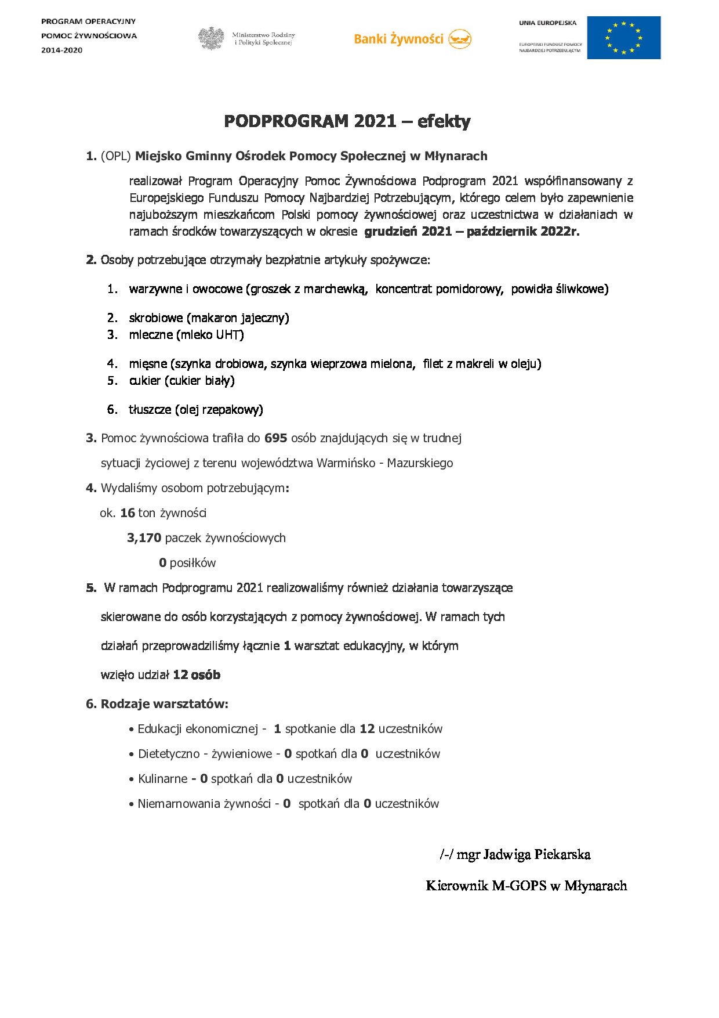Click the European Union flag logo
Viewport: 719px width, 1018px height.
click(x=623, y=38)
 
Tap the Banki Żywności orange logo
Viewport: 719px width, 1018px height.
click(x=412, y=39)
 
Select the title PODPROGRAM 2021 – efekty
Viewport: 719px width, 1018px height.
click(x=347, y=121)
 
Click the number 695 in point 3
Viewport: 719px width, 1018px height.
click(x=275, y=438)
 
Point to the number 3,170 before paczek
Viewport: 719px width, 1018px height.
click(x=144, y=538)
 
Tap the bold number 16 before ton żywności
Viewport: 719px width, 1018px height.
click(x=128, y=513)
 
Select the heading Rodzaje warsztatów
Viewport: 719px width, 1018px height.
click(x=164, y=704)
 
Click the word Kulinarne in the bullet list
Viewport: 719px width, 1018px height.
click(x=162, y=779)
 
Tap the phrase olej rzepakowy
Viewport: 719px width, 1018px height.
click(x=219, y=410)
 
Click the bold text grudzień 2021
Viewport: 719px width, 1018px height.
click(x=408, y=232)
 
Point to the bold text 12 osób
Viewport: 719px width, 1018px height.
click(x=197, y=675)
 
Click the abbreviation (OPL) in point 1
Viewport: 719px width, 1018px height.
click(x=116, y=156)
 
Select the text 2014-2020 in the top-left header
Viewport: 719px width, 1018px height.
click(x=61, y=50)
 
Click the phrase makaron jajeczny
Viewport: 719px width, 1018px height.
click(x=238, y=318)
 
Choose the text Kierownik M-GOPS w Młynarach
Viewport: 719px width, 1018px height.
click(x=526, y=886)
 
